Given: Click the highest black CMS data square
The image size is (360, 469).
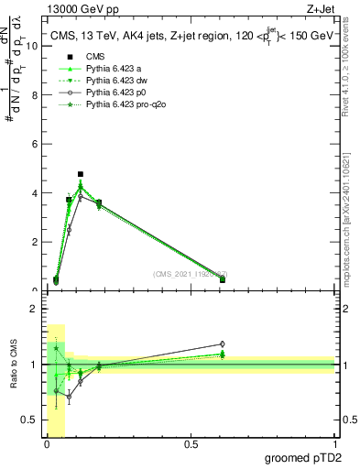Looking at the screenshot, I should (x=81, y=174).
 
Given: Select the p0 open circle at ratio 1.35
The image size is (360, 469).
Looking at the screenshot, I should (x=223, y=344).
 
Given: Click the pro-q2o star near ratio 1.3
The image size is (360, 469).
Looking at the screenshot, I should (x=56, y=348).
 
